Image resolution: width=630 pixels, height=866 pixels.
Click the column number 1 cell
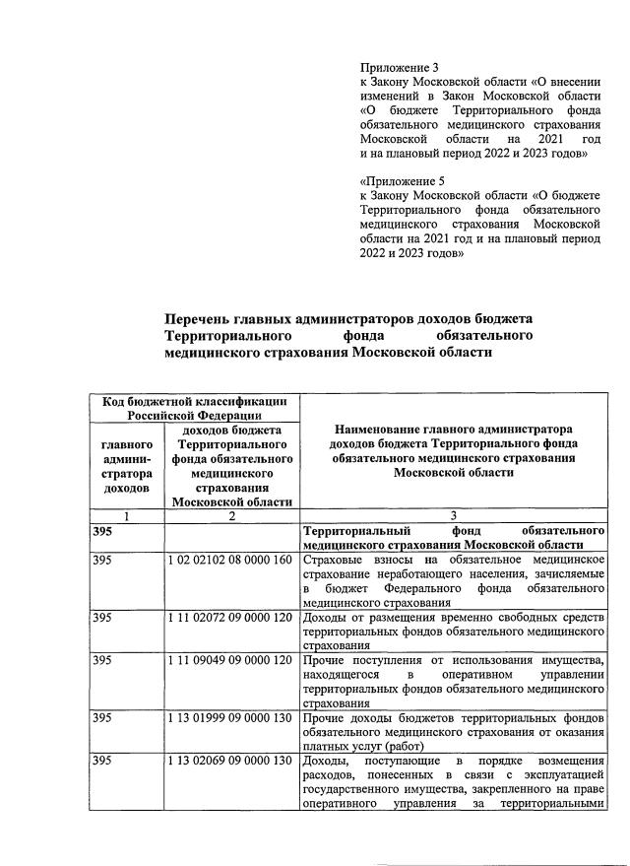coord(127,516)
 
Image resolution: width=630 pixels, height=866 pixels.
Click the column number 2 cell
coord(232,516)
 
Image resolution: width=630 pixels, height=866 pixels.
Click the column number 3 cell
coord(453,516)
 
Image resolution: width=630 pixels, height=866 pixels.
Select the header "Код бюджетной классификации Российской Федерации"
coord(193,408)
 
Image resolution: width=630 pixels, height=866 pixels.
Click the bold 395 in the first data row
coord(102,531)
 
